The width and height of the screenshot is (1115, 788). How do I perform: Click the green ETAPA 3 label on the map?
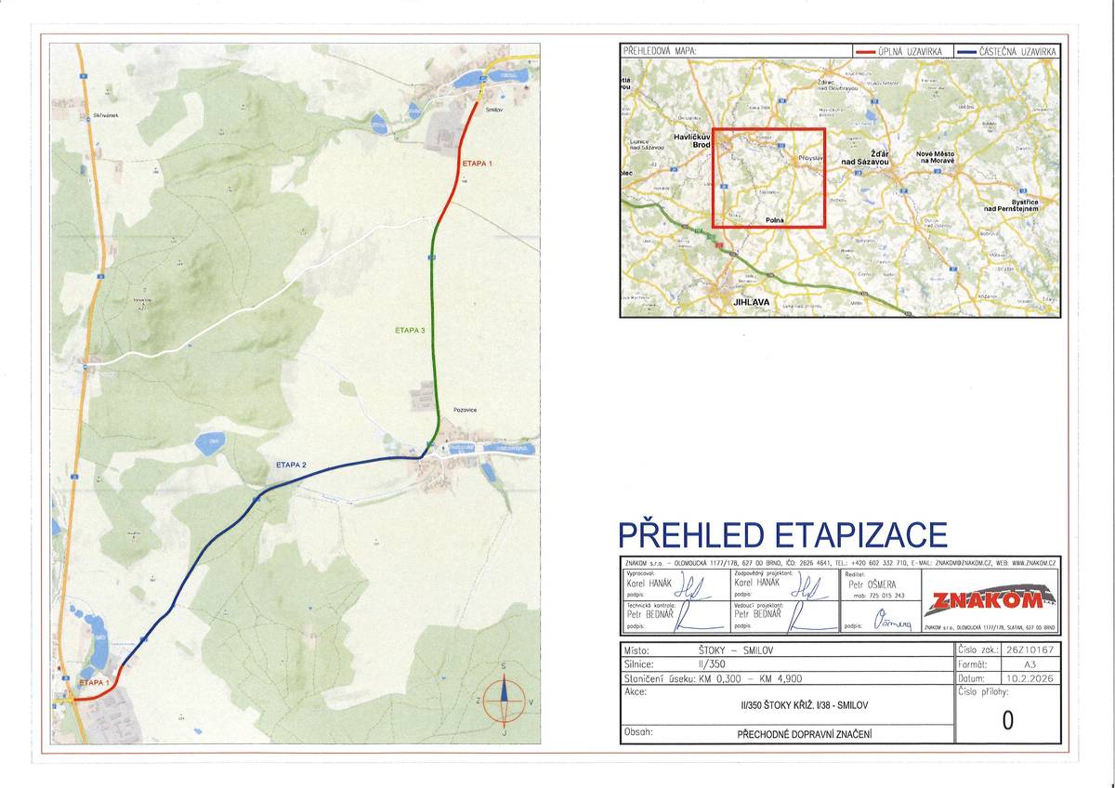(411, 330)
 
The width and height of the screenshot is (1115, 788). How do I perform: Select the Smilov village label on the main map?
(493, 110)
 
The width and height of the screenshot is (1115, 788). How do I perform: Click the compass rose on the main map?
(504, 702)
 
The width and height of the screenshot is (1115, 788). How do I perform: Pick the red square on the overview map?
(768, 177)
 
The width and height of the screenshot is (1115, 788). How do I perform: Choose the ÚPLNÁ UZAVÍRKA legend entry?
(911, 51)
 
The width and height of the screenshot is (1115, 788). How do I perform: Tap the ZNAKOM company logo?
(990, 601)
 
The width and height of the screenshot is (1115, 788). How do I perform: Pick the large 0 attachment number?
(1007, 720)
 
